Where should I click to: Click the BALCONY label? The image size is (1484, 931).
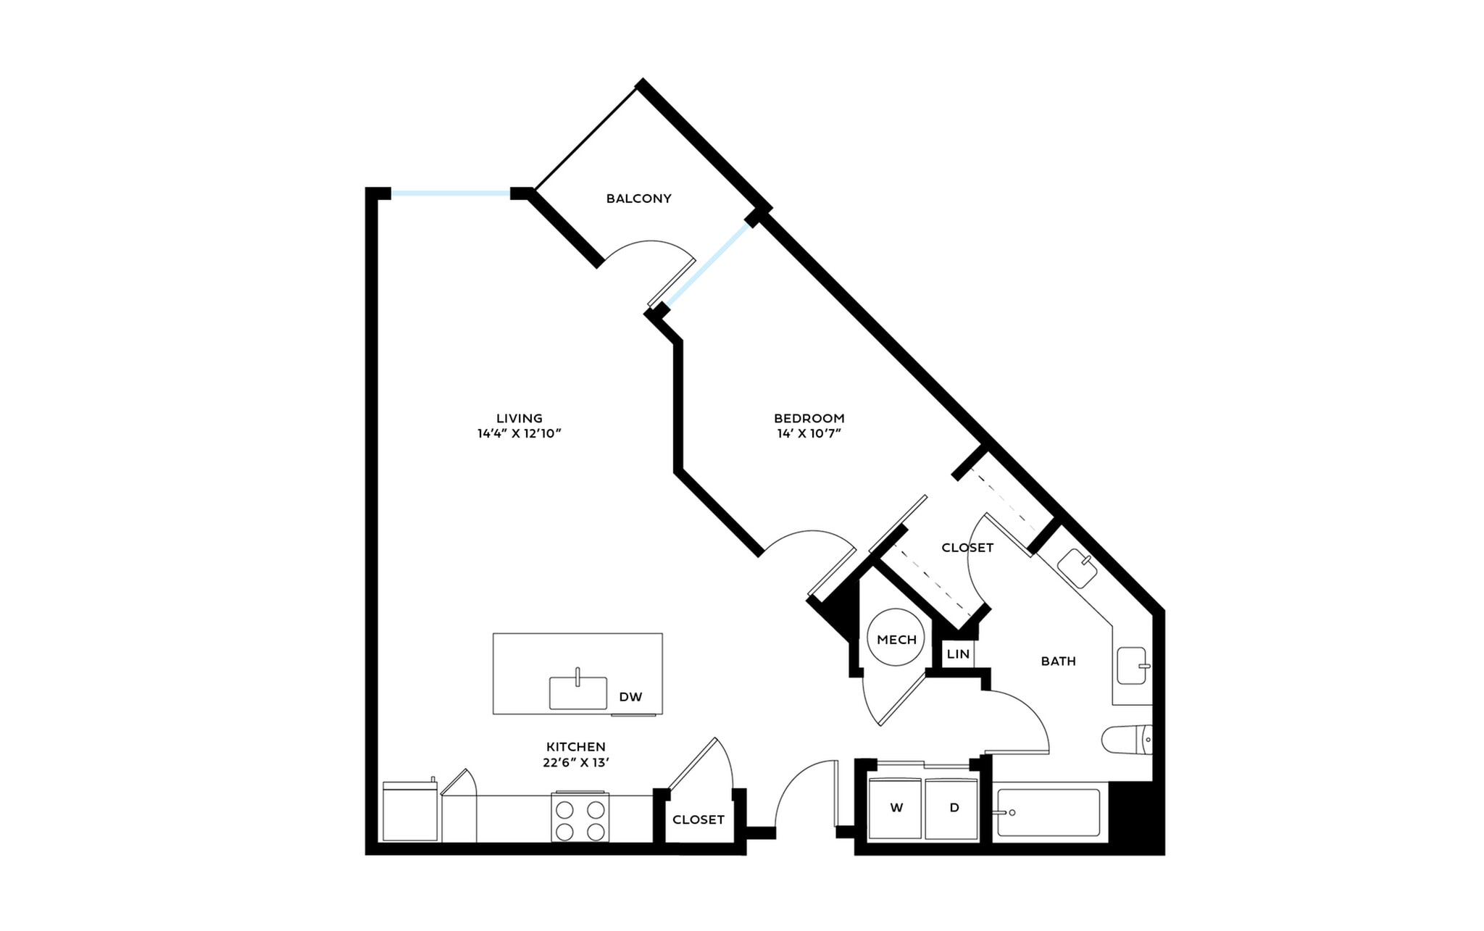(x=638, y=199)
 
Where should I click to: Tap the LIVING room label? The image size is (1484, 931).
(x=519, y=418)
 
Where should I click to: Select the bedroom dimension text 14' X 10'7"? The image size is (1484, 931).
(x=809, y=434)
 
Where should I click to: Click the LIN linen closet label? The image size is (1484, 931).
(x=958, y=654)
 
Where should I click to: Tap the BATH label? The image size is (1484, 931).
(x=1058, y=661)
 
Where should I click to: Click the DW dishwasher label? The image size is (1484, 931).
(x=630, y=697)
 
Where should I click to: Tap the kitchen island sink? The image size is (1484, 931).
(x=578, y=692)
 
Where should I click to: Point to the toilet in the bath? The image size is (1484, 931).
(x=1127, y=740)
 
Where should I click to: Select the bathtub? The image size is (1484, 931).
(x=1049, y=812)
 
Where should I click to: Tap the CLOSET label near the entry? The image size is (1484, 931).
(x=698, y=820)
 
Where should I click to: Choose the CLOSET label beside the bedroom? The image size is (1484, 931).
(x=967, y=548)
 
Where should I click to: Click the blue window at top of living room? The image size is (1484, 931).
(x=450, y=193)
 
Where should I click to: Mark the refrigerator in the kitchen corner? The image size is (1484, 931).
(x=409, y=812)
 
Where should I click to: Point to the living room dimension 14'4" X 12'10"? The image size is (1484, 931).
(x=519, y=434)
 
